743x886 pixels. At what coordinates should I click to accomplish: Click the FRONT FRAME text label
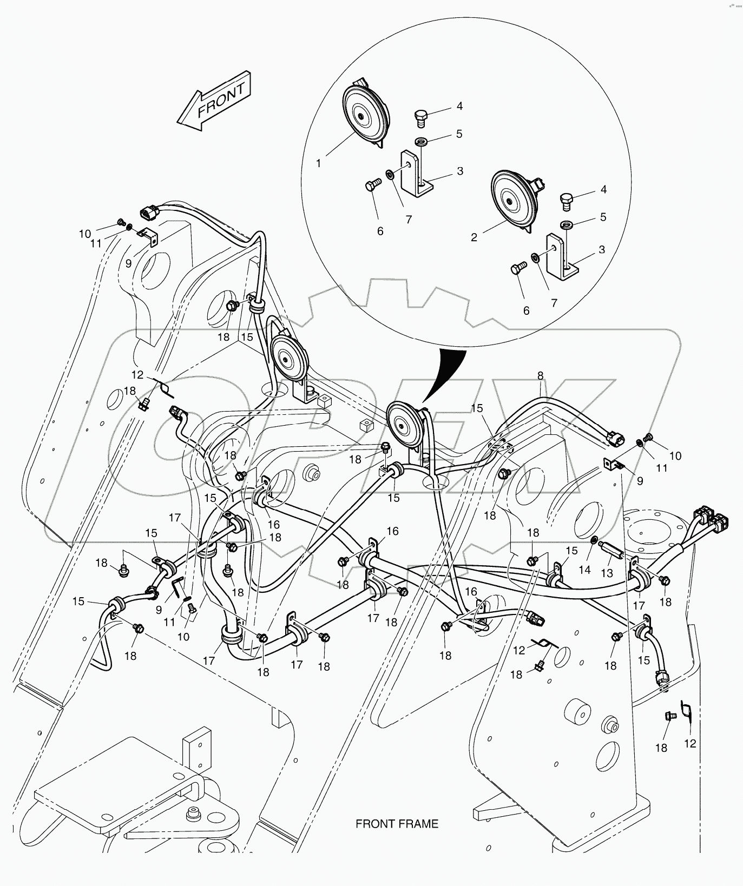tap(397, 824)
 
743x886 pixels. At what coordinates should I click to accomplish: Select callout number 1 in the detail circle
tap(319, 163)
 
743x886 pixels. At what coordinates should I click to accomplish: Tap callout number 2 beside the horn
tap(474, 237)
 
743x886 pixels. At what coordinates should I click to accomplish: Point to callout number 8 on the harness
tap(540, 375)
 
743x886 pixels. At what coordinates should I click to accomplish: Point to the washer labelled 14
tap(594, 539)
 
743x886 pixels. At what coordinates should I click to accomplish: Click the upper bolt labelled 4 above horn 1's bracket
tap(421, 117)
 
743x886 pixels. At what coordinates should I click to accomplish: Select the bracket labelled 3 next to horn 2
tap(560, 255)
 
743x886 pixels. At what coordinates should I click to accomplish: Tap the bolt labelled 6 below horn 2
tap(518, 269)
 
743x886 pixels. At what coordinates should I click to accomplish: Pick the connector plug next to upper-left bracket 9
tap(150, 213)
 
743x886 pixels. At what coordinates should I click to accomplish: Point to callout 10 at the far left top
tap(85, 234)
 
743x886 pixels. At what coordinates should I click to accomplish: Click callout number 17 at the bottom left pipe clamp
tap(209, 660)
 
